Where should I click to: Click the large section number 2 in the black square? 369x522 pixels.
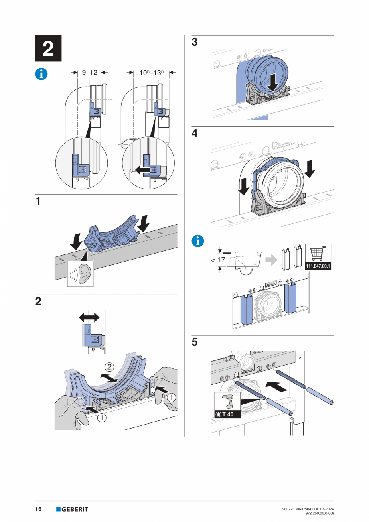pyautogui.click(x=48, y=49)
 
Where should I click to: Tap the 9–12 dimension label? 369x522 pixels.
pyautogui.click(x=89, y=73)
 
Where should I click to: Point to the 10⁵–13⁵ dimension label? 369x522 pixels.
pyautogui.click(x=150, y=73)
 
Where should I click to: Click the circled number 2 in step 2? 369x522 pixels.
pyautogui.click(x=109, y=366)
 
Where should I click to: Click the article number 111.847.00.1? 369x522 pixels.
pyautogui.click(x=318, y=266)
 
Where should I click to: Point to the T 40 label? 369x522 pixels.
pyautogui.click(x=227, y=414)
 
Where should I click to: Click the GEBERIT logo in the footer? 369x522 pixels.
pyautogui.click(x=72, y=509)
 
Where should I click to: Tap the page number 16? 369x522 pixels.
pyautogui.click(x=39, y=509)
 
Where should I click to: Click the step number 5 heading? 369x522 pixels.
pyautogui.click(x=195, y=343)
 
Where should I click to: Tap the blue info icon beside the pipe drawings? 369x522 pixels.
pyautogui.click(x=42, y=74)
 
